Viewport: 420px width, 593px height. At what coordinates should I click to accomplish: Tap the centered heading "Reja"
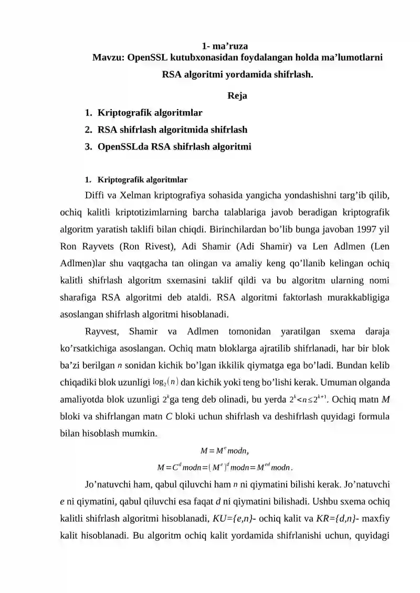(x=238, y=95)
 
